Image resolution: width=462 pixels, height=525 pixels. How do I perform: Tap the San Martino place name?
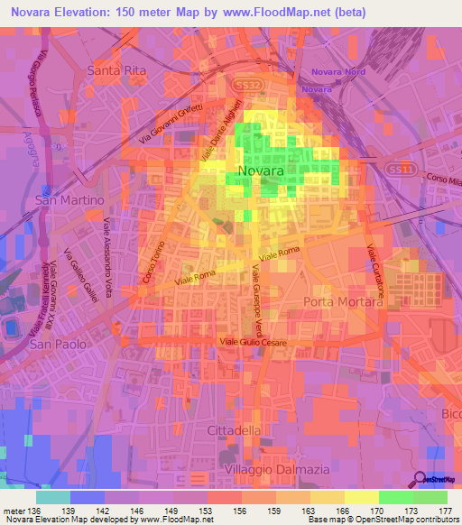(x=69, y=199)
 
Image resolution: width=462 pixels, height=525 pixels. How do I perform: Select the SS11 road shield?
(x=398, y=169)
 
